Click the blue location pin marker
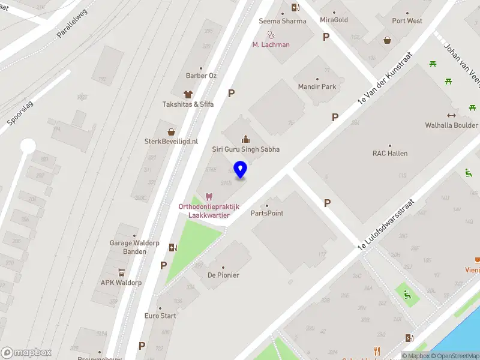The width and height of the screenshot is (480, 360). pos(240,170)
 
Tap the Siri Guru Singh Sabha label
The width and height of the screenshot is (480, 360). pos(246,149)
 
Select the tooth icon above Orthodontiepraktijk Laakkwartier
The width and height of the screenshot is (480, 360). pos(209,197)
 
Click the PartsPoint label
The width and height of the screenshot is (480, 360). pos(267,213)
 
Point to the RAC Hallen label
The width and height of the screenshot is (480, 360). pos(390,153)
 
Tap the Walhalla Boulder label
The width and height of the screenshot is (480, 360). pos(451,125)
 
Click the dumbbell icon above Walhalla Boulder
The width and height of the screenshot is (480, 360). pos(451,115)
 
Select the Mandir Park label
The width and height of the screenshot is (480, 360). pos(317,86)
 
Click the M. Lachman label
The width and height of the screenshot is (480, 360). pos(271,44)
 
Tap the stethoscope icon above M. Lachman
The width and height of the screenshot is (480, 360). pos(271,35)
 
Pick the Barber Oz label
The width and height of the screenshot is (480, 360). pos(201,76)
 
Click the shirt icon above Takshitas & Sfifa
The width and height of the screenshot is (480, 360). pos(188,94)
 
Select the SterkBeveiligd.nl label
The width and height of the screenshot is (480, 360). pos(171,142)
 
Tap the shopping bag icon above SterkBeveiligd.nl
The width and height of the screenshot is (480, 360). pos(171,131)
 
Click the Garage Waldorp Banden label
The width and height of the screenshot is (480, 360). pos(127,247)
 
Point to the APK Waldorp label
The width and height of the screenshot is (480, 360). pos(121,282)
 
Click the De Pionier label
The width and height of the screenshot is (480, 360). pos(223,275)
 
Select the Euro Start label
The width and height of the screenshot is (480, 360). pos(160,316)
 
